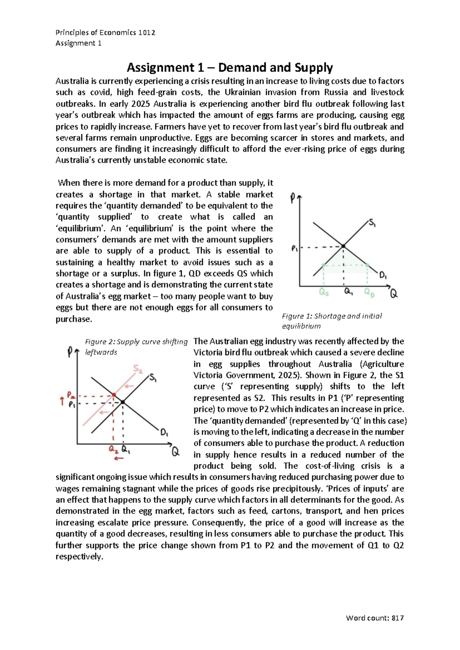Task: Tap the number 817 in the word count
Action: click(398, 618)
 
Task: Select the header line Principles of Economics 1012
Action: click(105, 33)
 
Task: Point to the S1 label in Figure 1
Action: click(372, 223)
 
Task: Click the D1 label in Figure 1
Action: click(383, 275)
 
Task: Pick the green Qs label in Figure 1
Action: click(324, 293)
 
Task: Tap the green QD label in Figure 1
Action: click(370, 293)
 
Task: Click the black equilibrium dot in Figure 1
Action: click(343, 246)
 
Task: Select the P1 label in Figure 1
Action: click(295, 249)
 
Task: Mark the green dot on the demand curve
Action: click(367, 265)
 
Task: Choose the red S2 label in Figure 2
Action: click(138, 369)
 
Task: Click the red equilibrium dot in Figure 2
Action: click(114, 395)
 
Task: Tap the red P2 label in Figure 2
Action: click(71, 394)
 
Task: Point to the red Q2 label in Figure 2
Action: click(113, 449)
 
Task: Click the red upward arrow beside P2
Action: click(62, 401)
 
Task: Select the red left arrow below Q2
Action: click(119, 458)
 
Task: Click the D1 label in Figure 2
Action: click(164, 433)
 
